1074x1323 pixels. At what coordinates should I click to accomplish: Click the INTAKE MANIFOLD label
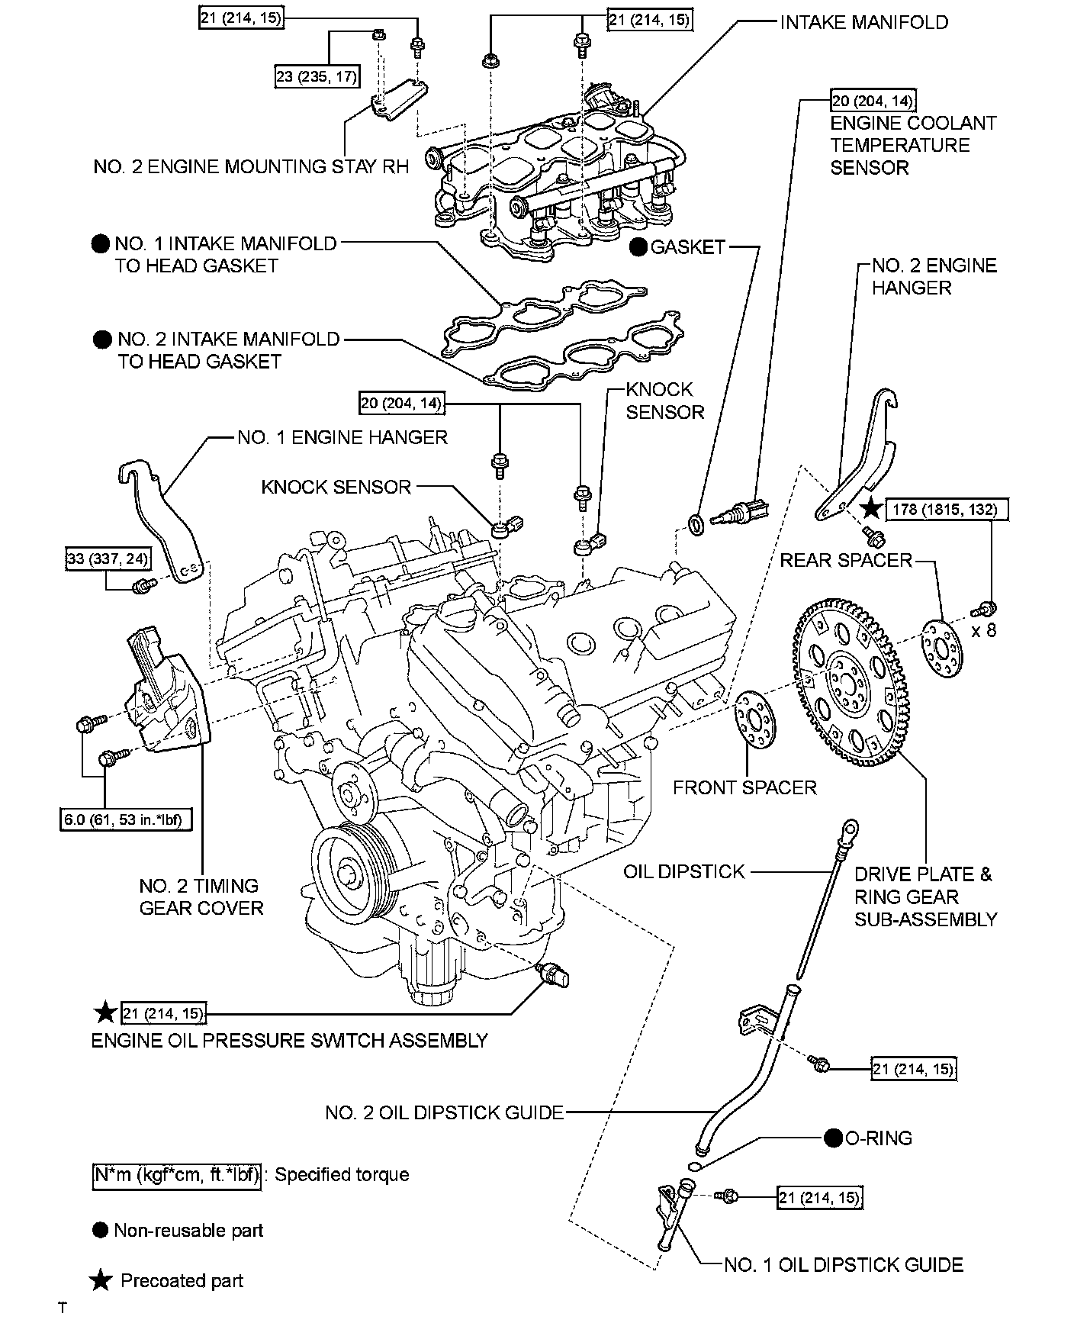pos(863,22)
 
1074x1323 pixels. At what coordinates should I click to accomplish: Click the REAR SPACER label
pos(846,560)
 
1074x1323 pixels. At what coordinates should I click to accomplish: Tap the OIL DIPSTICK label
pos(683,871)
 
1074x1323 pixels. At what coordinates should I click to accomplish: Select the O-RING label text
pos(879,1138)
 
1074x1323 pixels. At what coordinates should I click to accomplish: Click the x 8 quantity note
pos(984,630)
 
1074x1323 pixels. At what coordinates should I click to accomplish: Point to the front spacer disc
pos(754,721)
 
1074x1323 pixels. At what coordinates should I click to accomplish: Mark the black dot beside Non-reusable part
pos(99,1230)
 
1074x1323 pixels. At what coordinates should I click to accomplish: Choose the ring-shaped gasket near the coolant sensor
pos(696,525)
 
